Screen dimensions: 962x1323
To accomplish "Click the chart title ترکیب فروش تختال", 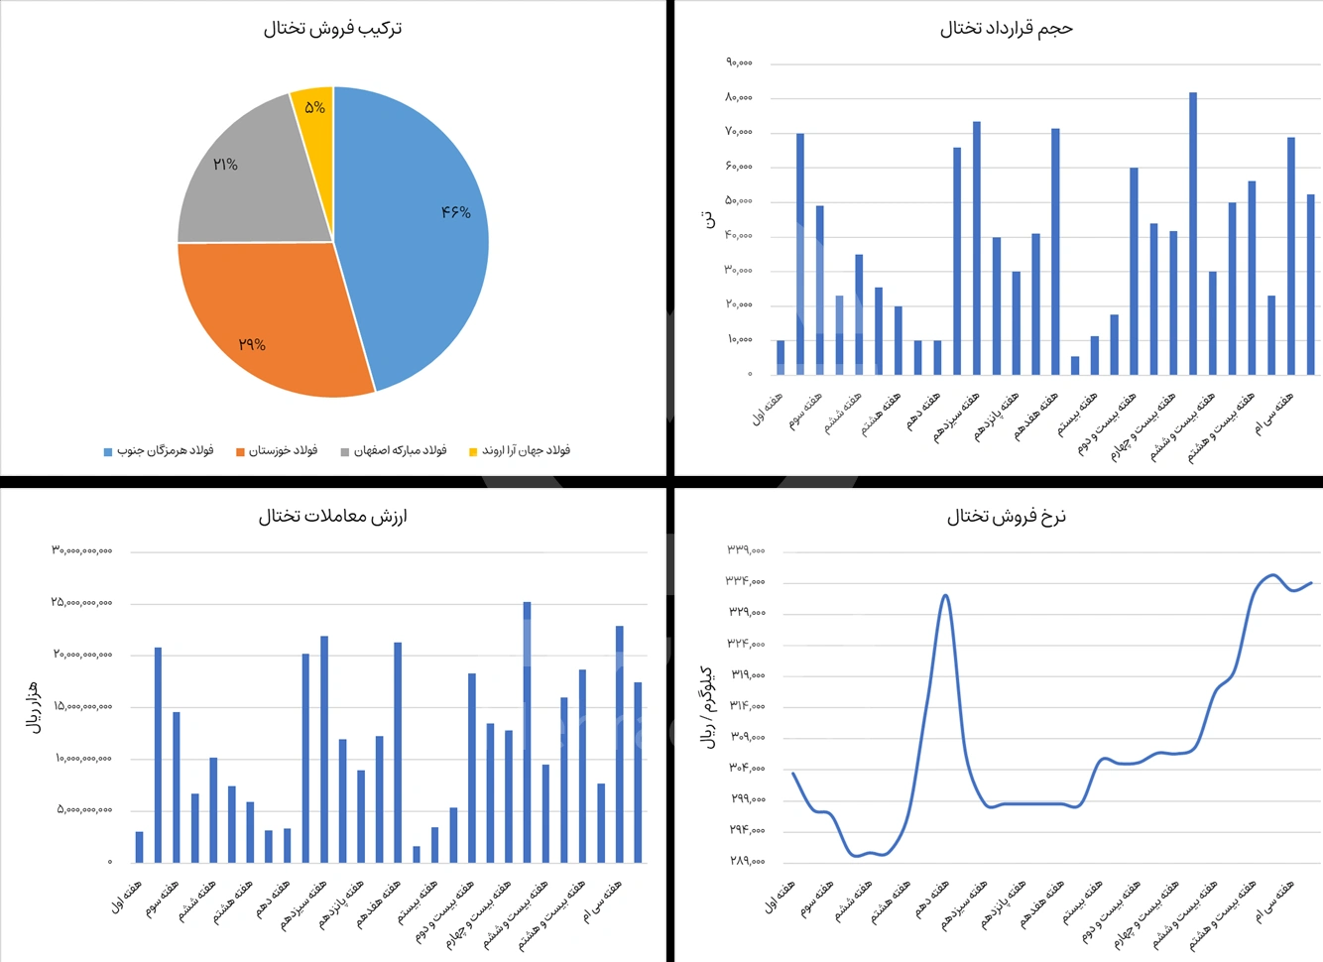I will click(332, 29).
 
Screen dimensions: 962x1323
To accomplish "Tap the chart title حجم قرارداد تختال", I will click(1006, 29).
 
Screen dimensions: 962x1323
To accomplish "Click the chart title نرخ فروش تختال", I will click(1006, 516).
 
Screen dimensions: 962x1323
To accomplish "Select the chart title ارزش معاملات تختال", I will click(332, 516).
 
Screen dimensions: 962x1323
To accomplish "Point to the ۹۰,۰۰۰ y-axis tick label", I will click(739, 62).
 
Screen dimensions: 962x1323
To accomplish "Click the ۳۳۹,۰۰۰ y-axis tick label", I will click(746, 549).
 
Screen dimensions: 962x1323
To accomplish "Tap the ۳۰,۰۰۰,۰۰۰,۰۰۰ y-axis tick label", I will click(82, 550).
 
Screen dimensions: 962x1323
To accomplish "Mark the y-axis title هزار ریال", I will click(34, 707).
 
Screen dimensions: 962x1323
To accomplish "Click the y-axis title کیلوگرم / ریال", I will click(708, 707).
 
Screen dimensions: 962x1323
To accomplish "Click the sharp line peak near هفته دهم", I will click(945, 596).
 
